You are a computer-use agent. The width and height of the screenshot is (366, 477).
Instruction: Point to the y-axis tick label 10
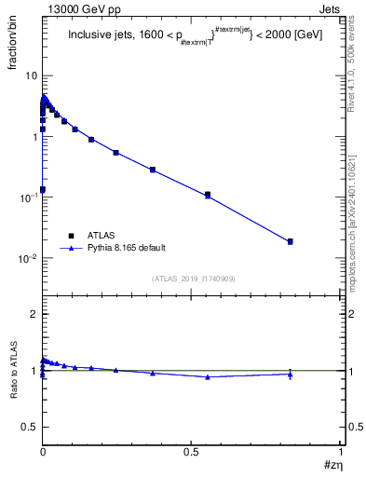tap(29, 75)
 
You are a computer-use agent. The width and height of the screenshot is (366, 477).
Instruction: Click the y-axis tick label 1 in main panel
tap(33, 137)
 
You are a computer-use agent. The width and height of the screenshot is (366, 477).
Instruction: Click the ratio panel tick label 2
tap(34, 314)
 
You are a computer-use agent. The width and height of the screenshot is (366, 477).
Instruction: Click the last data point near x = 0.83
tap(291, 241)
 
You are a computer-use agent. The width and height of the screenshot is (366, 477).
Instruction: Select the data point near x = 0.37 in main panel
tap(153, 170)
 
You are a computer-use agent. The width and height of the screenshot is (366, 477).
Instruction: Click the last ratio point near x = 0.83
tap(291, 374)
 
